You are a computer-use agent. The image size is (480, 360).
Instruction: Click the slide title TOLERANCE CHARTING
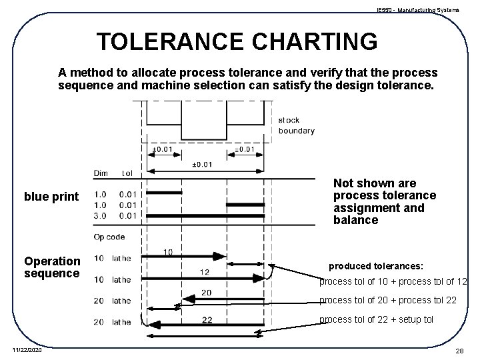(237, 41)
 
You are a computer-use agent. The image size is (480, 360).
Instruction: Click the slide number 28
(459, 351)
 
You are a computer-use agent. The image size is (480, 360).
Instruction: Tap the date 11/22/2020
(27, 350)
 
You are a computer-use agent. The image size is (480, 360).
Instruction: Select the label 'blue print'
(51, 197)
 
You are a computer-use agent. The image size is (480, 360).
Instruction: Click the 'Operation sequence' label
(52, 267)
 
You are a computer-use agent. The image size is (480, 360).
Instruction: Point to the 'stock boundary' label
(296, 125)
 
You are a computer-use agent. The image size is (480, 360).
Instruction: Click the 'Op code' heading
(109, 237)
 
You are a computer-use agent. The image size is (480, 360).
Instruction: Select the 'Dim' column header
(101, 173)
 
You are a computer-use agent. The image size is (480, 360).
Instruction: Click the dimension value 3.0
(101, 215)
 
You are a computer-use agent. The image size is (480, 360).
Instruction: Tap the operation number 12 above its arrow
(204, 272)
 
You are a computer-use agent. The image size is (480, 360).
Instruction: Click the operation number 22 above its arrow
(207, 319)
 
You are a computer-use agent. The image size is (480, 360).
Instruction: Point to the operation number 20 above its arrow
(206, 293)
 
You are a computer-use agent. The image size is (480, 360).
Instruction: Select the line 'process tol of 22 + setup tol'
(376, 319)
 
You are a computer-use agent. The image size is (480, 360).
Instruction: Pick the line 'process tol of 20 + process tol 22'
(388, 301)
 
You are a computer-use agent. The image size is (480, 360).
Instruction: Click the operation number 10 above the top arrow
(168, 251)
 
